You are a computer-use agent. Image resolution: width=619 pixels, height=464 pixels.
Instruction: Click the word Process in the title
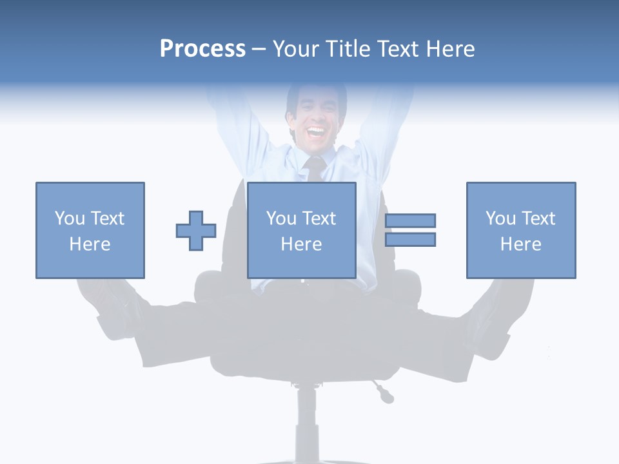(x=202, y=49)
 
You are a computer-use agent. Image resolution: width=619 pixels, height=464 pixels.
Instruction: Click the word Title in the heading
(x=348, y=49)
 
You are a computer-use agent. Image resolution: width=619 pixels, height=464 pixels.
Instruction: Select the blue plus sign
(x=196, y=230)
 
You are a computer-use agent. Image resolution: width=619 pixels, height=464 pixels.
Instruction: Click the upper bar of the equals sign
(x=410, y=220)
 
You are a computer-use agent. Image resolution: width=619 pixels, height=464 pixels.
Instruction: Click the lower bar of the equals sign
(x=410, y=239)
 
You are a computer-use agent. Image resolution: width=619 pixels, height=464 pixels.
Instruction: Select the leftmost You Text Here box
(x=90, y=230)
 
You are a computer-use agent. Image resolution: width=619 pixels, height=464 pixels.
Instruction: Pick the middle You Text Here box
(x=301, y=230)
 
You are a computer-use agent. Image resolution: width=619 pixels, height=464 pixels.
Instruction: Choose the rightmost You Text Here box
(x=520, y=230)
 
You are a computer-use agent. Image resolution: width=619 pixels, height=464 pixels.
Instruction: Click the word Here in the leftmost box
(x=90, y=244)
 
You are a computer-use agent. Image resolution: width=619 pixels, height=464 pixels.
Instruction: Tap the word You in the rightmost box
(x=500, y=218)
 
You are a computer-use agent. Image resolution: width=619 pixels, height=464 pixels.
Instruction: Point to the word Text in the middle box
(x=319, y=218)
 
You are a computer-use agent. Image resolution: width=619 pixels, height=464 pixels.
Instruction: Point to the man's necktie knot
(x=315, y=162)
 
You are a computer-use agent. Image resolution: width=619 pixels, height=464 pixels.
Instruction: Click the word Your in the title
(x=297, y=49)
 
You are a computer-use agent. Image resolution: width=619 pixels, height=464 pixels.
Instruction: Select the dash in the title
(x=259, y=49)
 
